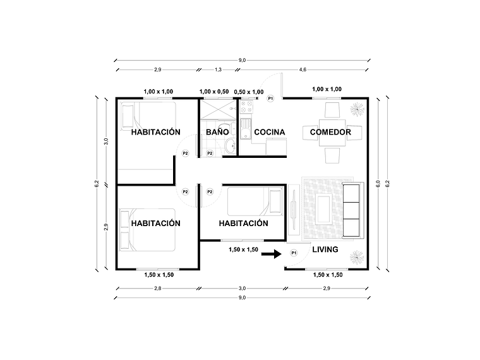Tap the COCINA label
click(270, 133)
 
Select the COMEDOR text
click(327, 133)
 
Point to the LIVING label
click(325, 249)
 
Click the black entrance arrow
click(270, 254)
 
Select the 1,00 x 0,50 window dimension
click(214, 92)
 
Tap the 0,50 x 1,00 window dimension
click(249, 92)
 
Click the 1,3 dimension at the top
click(218, 69)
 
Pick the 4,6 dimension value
click(303, 69)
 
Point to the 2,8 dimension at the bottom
click(157, 288)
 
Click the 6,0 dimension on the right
click(378, 184)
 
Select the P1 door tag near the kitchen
click(270, 99)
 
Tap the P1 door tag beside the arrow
click(294, 253)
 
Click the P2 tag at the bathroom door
click(210, 152)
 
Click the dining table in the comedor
click(331, 133)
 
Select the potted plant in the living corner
click(355, 256)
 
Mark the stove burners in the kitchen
click(245, 109)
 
